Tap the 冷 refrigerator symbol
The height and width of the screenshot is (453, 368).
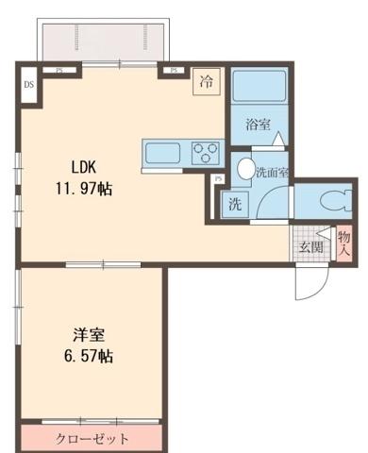(x=205, y=82)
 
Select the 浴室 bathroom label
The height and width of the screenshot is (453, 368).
(x=259, y=125)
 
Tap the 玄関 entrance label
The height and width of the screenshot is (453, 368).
(x=311, y=247)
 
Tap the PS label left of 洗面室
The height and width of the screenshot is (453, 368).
(x=219, y=179)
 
